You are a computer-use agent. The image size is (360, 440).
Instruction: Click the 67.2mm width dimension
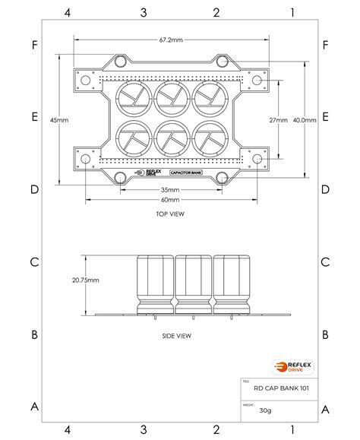tap(170, 40)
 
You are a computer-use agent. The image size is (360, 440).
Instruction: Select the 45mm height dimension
tap(58, 119)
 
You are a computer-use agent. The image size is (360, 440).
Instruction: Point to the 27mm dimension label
tap(279, 119)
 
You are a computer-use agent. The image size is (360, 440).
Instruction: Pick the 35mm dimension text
tap(170, 190)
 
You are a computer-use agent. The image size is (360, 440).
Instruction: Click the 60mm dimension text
tap(170, 200)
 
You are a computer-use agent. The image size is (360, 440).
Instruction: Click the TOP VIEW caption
tap(170, 214)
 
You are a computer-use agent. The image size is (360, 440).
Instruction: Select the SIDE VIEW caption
tap(176, 335)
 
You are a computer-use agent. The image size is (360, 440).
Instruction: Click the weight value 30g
tap(264, 410)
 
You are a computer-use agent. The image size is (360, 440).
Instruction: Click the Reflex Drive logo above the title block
tap(290, 367)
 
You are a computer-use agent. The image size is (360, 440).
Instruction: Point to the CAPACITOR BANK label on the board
tap(186, 173)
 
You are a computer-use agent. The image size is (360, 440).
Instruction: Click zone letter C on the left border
tap(34, 262)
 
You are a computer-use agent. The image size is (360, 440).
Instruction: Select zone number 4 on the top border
tap(68, 12)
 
